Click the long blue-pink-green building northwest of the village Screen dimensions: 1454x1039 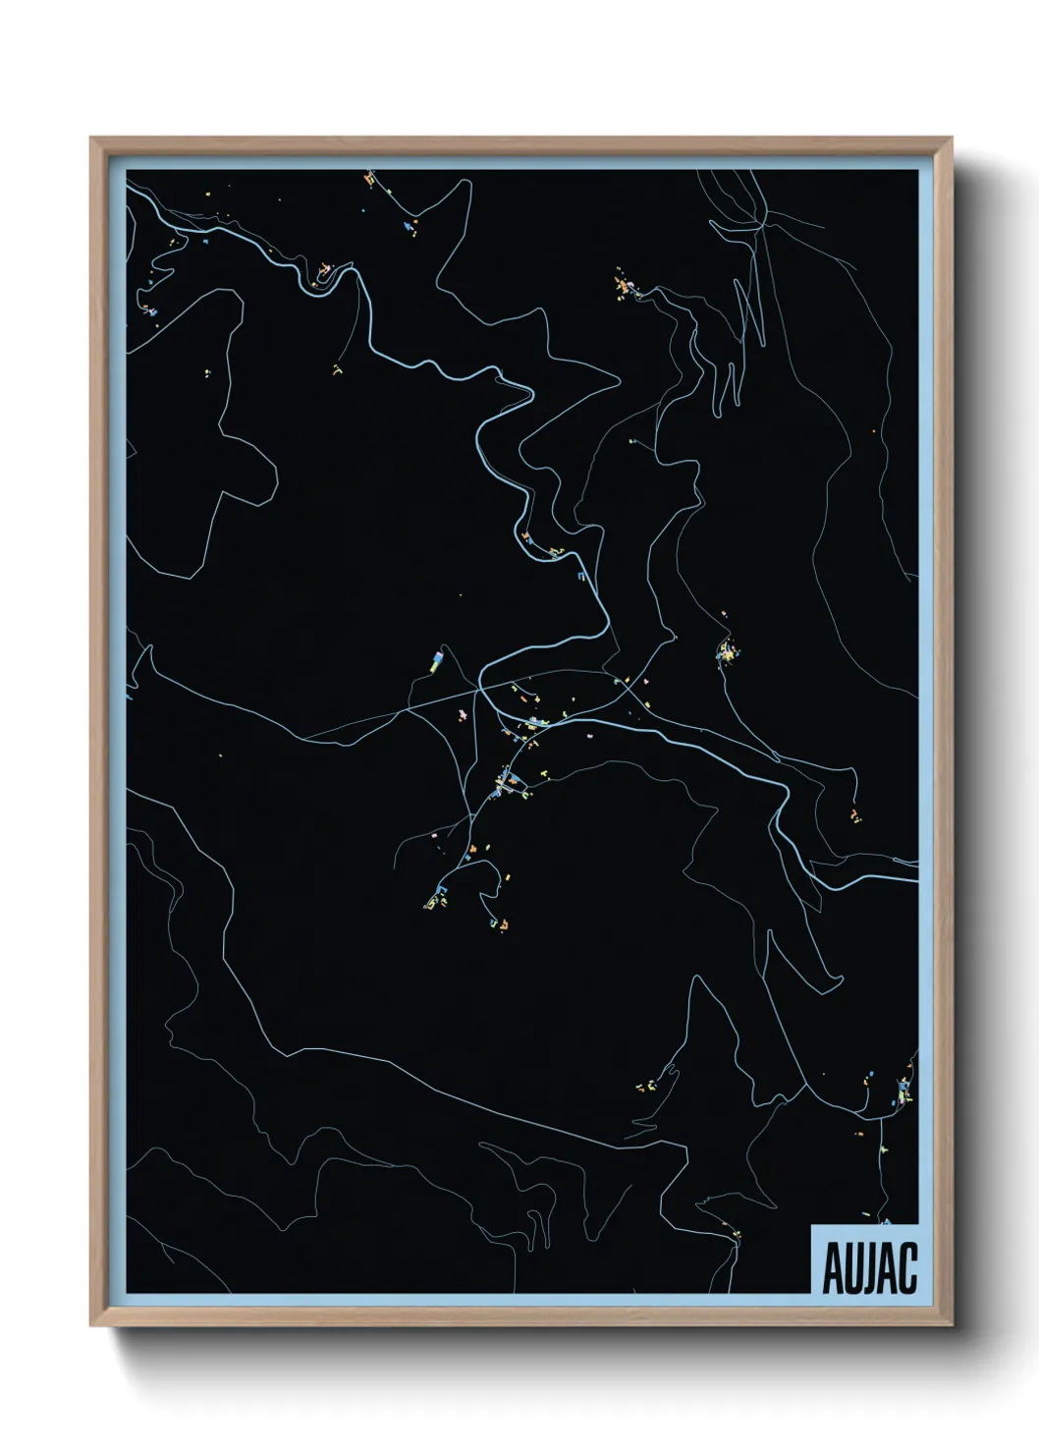point(435,659)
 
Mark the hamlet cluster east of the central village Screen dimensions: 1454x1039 point(727,650)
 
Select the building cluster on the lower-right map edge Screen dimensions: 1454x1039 point(902,1092)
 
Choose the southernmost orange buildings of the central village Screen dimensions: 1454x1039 point(499,923)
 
